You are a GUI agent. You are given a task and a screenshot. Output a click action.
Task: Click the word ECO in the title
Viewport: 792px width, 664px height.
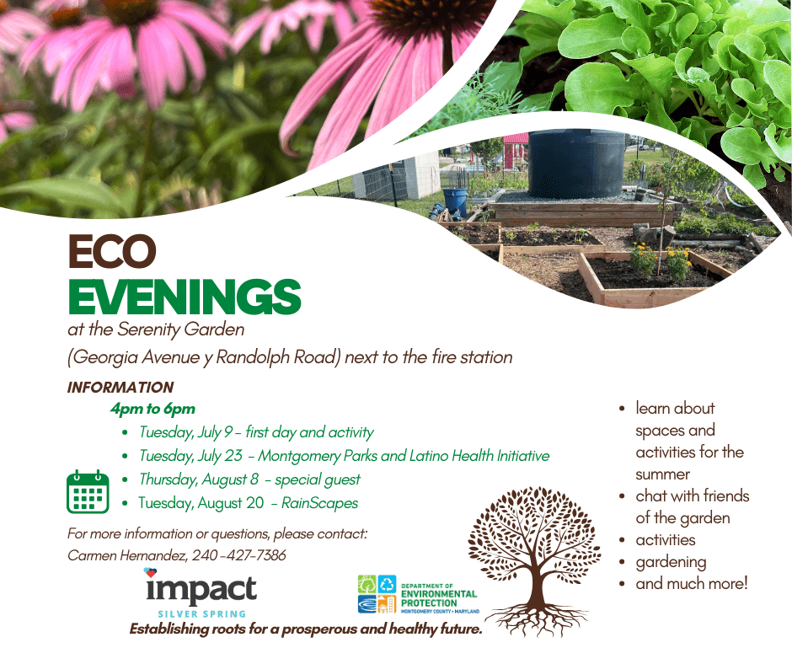point(112,253)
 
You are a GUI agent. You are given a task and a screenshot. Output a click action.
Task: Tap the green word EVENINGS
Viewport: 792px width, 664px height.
point(184,296)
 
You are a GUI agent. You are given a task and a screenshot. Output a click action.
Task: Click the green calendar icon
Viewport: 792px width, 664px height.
point(87,492)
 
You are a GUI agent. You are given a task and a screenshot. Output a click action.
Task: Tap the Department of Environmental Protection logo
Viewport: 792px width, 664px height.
point(418,595)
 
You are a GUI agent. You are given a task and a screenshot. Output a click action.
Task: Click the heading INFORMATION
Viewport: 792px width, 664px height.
point(120,388)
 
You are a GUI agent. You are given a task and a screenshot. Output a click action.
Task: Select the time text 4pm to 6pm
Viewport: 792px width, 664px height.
point(153,409)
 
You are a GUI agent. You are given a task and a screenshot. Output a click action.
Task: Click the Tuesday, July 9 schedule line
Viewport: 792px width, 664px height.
point(256,432)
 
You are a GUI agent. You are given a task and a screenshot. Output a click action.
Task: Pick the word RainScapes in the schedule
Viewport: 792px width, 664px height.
point(320,503)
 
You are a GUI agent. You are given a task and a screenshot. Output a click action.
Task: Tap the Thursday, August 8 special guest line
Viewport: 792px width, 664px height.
point(249,479)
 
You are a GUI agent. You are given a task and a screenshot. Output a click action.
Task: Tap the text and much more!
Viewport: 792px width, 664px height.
point(691,583)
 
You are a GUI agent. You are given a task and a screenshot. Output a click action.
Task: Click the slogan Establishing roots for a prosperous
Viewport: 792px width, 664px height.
point(305,629)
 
